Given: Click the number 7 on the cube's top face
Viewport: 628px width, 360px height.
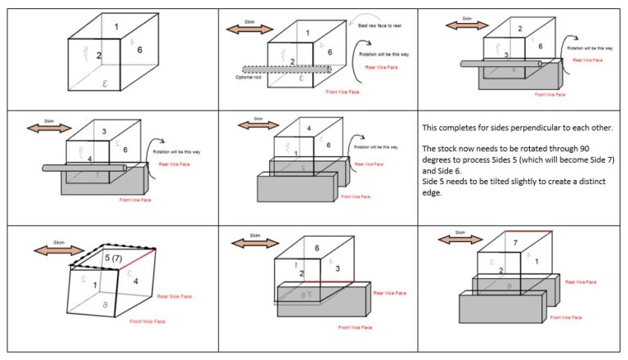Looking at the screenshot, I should (515, 244).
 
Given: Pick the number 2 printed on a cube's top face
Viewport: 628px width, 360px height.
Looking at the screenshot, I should (520, 29).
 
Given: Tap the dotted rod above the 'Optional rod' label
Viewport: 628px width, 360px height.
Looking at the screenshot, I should (286, 69).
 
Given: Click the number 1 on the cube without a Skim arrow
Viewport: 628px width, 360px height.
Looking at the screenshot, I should (116, 27).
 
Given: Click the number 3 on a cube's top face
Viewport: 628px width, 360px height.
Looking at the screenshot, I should (104, 131).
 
